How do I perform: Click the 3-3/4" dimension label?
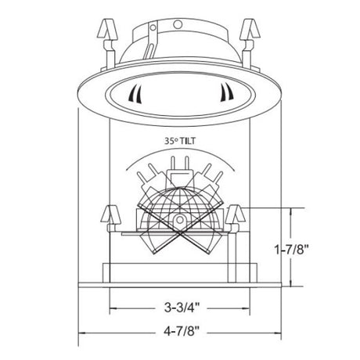click(x=182, y=308)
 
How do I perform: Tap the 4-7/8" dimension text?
click(x=182, y=332)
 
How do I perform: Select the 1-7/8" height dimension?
click(x=292, y=250)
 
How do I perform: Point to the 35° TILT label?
click(x=180, y=141)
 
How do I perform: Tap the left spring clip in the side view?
click(x=110, y=218)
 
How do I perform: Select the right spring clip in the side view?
click(x=235, y=218)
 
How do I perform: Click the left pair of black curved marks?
click(x=136, y=94)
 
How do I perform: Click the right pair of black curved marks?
click(x=226, y=92)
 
